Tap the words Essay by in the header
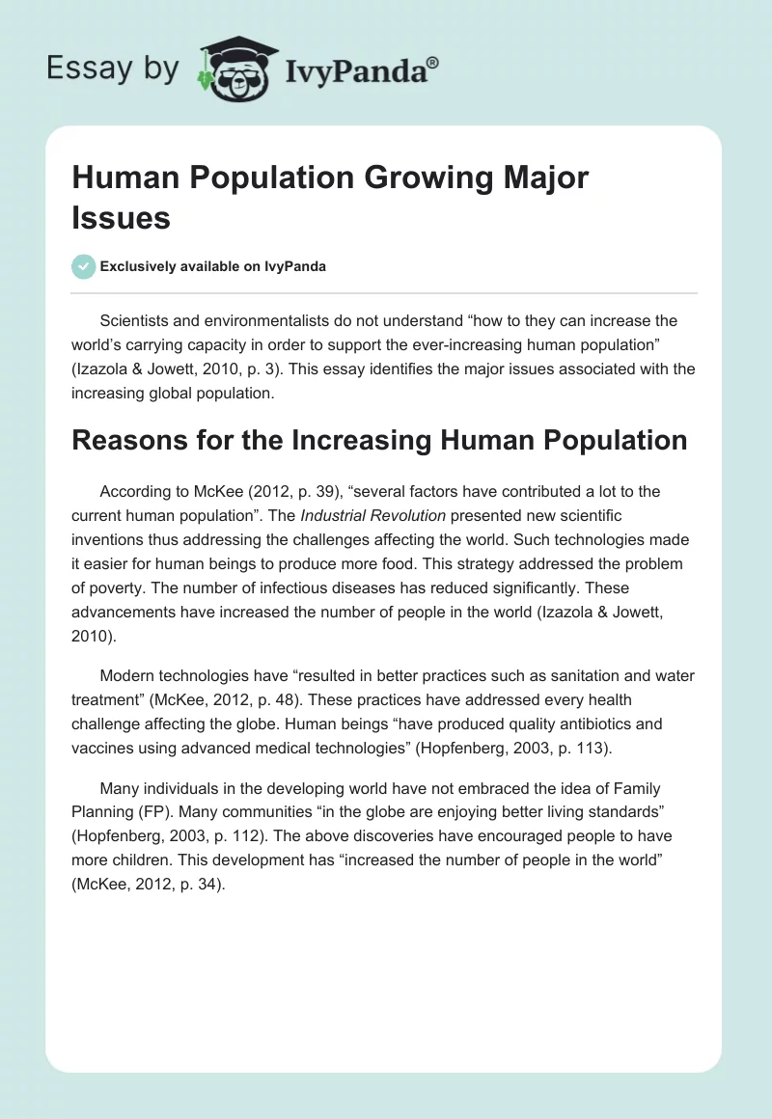pos(112,69)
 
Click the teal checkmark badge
pos(83,266)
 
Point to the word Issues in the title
pos(121,218)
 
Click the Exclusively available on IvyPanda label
pos(213,266)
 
